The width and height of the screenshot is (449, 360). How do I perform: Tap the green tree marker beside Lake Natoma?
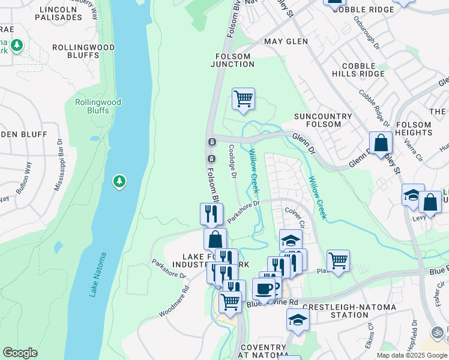pos(119,181)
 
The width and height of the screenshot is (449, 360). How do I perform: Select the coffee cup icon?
pos(264,289)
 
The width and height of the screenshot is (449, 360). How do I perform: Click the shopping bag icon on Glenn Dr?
pos(381,143)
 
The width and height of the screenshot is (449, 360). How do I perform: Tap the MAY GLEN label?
pos(286,41)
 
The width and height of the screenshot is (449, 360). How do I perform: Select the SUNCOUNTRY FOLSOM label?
pos(318,120)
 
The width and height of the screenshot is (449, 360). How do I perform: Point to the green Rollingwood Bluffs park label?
pos(98,106)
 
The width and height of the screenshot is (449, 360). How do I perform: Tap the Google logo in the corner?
pos(20,353)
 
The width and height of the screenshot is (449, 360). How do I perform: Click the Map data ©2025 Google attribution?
pos(411,355)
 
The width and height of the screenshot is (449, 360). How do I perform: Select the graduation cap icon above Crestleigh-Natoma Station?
pos(297,319)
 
